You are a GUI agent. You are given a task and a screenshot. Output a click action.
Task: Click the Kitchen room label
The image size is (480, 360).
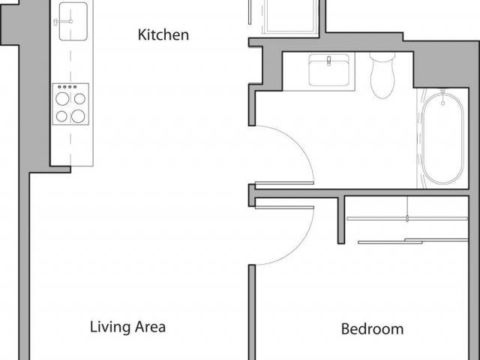[163, 34]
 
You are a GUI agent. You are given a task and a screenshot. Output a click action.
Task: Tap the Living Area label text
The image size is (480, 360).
[127, 327]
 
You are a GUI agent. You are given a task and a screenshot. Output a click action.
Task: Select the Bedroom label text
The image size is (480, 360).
[372, 328]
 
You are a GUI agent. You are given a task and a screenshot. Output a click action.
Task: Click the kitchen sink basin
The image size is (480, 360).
[72, 16]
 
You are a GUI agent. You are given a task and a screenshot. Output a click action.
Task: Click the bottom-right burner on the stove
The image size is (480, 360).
[78, 116]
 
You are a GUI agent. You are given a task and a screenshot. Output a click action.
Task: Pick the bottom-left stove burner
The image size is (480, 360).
[62, 116]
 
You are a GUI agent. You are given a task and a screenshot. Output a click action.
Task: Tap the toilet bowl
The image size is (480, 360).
[384, 82]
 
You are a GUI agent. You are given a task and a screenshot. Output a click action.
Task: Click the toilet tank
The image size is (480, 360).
[384, 58]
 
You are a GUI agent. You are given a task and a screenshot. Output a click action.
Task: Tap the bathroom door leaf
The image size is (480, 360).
[283, 183]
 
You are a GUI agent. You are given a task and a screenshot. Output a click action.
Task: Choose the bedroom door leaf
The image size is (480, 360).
[283, 207]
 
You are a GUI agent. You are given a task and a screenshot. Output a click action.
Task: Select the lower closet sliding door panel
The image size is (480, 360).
[412, 241]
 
